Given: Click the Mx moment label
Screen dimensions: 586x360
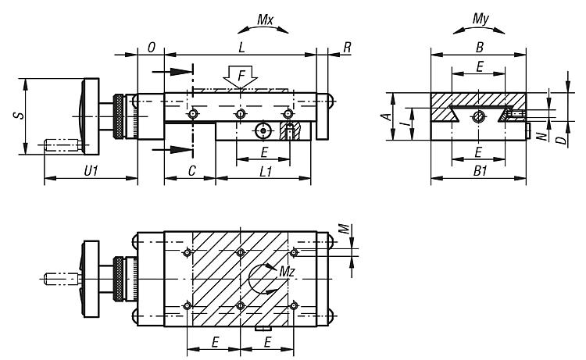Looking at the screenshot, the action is (265, 20).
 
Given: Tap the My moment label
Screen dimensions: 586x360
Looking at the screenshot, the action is (481, 19).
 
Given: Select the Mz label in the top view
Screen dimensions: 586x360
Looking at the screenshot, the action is (287, 272).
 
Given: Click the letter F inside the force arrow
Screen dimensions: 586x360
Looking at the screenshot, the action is (241, 76).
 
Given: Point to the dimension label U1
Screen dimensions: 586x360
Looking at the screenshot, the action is (91, 171).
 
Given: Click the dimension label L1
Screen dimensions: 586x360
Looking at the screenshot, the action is (266, 172).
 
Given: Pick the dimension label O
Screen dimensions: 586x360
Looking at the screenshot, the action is (151, 48).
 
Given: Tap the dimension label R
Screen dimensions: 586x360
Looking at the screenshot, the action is (347, 48).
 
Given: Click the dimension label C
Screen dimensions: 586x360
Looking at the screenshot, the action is (191, 171).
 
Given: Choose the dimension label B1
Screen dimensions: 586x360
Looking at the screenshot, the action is (481, 171).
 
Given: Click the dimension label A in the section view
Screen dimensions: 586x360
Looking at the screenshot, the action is (388, 117).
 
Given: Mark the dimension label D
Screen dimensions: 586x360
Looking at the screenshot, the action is (560, 140).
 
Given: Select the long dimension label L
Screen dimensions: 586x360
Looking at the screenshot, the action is (241, 48).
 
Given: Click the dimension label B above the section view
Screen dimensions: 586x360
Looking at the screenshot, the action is (480, 48).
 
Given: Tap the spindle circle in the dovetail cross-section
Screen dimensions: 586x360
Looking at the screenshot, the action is (478, 116).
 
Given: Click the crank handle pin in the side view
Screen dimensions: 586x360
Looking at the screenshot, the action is (61, 145).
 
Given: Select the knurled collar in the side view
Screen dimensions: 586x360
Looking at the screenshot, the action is (119, 116).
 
